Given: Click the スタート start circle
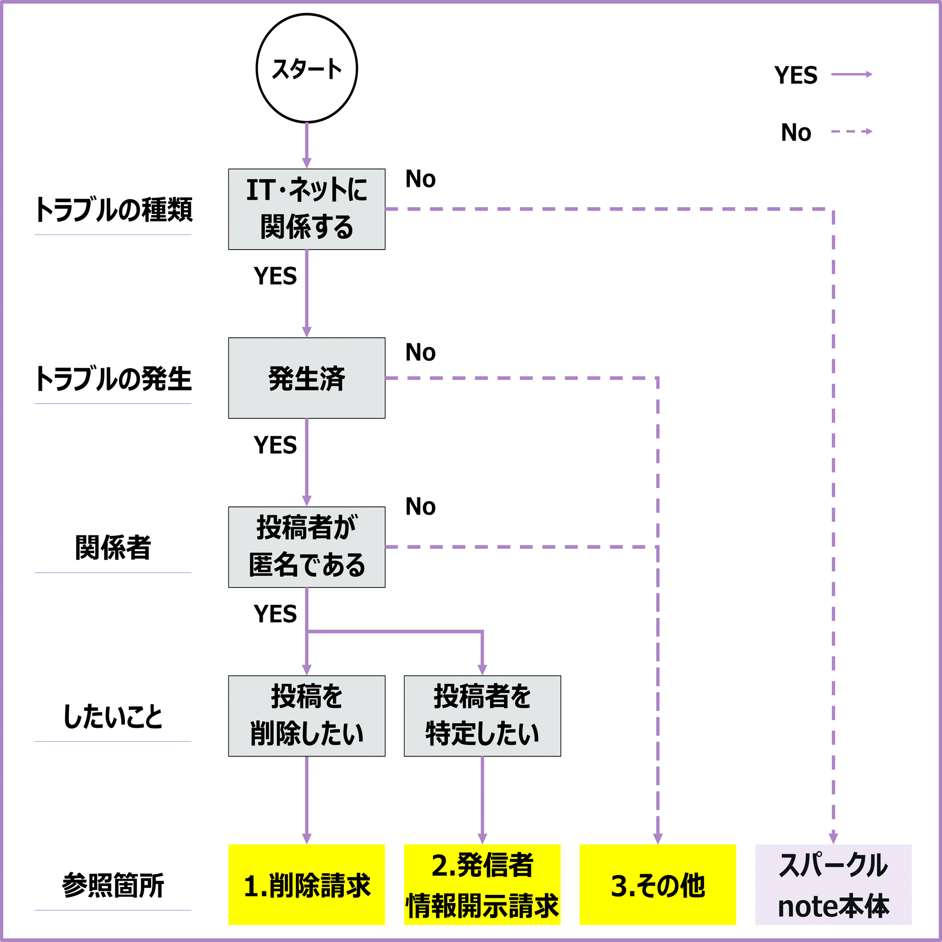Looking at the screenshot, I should (x=307, y=68).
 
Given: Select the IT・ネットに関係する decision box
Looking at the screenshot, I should (x=307, y=209).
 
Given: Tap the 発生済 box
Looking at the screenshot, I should (x=307, y=378).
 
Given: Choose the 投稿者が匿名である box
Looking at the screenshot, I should (x=307, y=546).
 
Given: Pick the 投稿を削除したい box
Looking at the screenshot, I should (x=307, y=716).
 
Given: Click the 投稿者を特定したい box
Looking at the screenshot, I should (x=482, y=716).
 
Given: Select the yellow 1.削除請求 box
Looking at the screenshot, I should (x=307, y=885).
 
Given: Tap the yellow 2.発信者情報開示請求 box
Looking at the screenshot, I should (x=482, y=885).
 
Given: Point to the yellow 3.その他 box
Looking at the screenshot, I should (x=657, y=885).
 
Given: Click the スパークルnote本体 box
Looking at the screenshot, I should (x=833, y=885).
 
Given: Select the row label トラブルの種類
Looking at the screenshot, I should (x=113, y=210).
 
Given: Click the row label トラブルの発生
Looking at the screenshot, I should (x=113, y=379).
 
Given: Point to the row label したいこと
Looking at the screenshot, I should (x=113, y=717).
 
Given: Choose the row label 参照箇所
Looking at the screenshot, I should (x=113, y=885).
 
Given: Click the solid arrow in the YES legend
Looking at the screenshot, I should (x=851, y=74).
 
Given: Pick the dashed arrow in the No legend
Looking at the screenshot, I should (x=851, y=131).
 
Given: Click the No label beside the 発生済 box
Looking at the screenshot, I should (x=420, y=352).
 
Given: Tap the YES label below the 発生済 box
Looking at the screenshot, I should (x=275, y=445).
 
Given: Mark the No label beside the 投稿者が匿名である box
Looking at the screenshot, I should (x=420, y=507).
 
